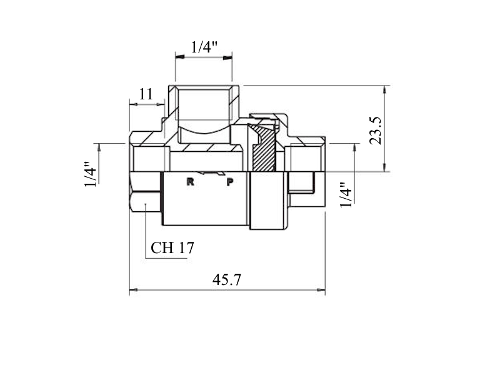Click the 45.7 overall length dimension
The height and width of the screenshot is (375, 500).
click(227, 279)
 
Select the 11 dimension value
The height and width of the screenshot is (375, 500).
click(146, 94)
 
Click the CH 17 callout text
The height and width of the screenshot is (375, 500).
click(172, 247)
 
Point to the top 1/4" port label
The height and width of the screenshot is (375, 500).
click(204, 47)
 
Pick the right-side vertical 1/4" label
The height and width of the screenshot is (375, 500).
click(346, 195)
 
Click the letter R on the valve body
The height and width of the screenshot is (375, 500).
click(191, 182)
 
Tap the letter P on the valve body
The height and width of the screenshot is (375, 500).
click(230, 182)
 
